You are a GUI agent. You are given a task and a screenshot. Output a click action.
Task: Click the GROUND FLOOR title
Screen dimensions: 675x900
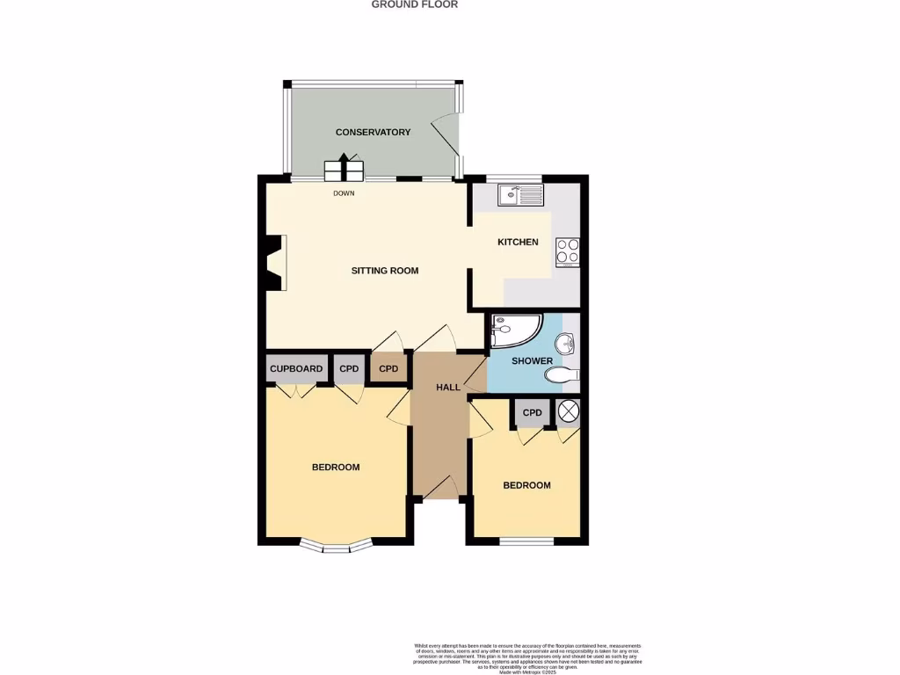click(x=414, y=4)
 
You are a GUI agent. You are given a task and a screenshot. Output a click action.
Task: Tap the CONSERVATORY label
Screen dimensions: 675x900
click(x=373, y=133)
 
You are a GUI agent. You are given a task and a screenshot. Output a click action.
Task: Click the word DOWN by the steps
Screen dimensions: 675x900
click(x=344, y=193)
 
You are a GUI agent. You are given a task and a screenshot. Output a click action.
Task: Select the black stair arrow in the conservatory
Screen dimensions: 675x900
click(x=344, y=167)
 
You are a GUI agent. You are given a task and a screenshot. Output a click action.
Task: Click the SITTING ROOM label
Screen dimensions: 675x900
click(x=385, y=271)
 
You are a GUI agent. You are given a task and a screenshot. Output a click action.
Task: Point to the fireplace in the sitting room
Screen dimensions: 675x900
click(x=276, y=263)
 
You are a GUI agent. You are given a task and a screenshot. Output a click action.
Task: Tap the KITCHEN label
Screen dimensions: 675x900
click(x=518, y=243)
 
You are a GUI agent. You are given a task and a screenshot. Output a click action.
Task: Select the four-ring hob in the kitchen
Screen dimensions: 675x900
click(x=568, y=252)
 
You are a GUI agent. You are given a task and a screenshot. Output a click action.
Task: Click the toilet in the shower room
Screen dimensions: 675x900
click(x=561, y=375)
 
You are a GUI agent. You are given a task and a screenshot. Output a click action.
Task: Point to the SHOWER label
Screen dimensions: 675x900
click(x=533, y=361)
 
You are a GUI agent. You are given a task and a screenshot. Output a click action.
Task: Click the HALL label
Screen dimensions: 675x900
click(x=448, y=388)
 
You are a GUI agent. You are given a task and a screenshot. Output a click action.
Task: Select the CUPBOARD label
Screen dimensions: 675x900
click(x=296, y=369)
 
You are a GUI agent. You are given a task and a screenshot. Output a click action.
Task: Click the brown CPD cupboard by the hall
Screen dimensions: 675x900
click(x=388, y=369)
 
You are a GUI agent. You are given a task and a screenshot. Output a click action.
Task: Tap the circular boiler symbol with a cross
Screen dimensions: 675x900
click(x=568, y=411)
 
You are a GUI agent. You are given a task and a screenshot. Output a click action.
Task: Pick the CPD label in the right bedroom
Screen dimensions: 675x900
click(x=532, y=413)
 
